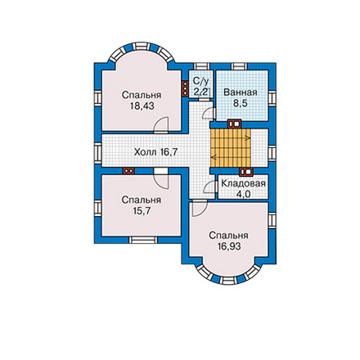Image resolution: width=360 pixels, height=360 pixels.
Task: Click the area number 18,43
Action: click(142, 106)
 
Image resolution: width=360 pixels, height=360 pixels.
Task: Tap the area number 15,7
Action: click(142, 210)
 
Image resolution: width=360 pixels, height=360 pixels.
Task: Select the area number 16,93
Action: click(229, 246)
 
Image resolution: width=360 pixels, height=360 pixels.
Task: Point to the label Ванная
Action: click(241, 92)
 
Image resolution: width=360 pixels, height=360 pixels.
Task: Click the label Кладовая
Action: click(243, 183)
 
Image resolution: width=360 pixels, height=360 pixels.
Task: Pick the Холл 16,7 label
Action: click(155, 152)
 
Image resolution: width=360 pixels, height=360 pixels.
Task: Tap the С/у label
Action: click(200, 81)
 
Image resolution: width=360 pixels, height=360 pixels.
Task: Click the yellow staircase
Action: click(231, 147)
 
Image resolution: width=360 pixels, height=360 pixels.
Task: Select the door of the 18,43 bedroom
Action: click(160, 125)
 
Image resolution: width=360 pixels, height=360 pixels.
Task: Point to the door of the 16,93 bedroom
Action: click(199, 208)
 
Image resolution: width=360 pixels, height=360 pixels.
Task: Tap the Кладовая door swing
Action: click(209, 187)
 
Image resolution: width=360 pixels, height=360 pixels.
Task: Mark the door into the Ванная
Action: click(209, 113)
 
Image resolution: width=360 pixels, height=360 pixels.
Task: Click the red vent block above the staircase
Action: click(235, 124)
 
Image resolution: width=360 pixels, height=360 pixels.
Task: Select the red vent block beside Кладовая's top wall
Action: click(246, 172)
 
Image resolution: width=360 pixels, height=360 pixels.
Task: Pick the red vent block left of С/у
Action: click(185, 88)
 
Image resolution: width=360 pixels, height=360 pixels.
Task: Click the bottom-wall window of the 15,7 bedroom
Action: click(143, 240)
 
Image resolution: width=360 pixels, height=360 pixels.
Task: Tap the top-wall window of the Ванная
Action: click(240, 66)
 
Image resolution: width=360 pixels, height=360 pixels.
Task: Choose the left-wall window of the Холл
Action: click(97, 152)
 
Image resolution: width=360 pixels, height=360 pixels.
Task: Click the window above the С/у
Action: click(202, 66)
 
